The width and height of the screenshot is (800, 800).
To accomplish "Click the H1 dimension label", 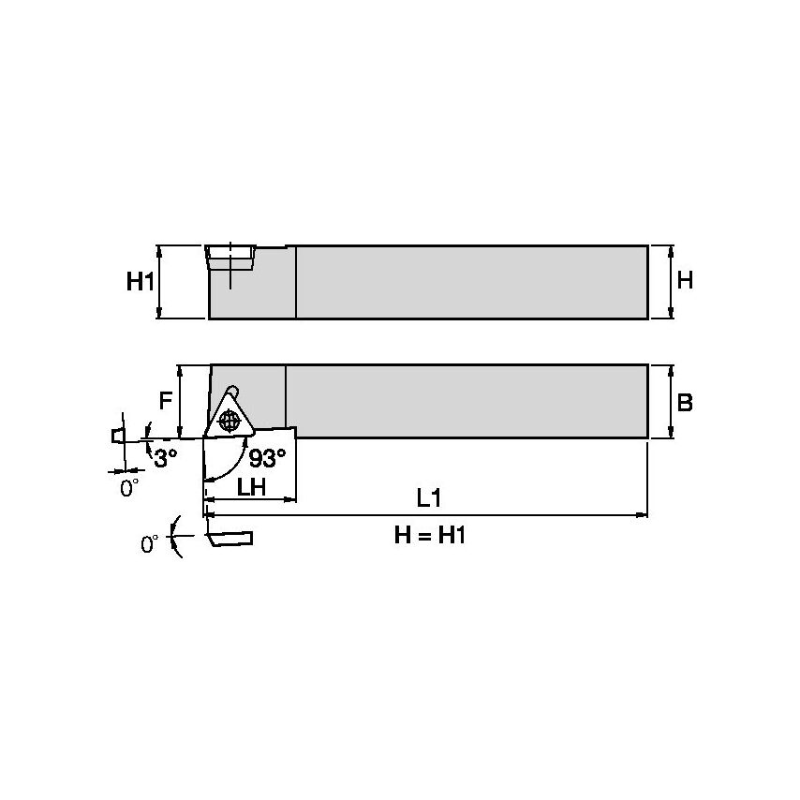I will (x=140, y=282).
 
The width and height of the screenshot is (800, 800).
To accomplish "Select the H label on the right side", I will (x=685, y=280).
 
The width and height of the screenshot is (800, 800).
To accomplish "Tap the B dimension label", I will (x=685, y=402).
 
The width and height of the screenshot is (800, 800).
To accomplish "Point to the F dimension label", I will (x=165, y=401).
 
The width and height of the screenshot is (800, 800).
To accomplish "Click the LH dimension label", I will (x=250, y=487).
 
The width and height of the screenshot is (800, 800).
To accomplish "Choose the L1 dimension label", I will (x=429, y=498).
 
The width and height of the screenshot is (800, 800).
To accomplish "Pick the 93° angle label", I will (x=268, y=458).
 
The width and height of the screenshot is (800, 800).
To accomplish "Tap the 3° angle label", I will (x=166, y=458).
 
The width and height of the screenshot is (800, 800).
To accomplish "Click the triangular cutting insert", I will (x=229, y=417).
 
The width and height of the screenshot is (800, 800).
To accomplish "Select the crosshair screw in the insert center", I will (x=228, y=422).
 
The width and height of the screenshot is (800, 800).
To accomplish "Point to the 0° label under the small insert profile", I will (x=128, y=488).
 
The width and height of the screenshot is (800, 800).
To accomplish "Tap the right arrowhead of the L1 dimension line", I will (x=643, y=514).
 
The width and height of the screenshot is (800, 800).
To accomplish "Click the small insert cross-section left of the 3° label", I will (x=118, y=436).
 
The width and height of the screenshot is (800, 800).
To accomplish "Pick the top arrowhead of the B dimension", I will (x=670, y=369).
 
